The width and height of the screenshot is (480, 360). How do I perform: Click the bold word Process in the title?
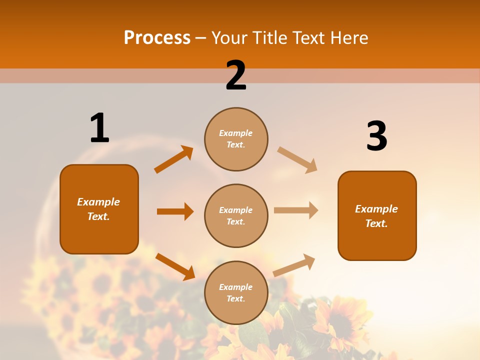click(x=157, y=38)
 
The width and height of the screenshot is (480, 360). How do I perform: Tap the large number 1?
click(x=99, y=128)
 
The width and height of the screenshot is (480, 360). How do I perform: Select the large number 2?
click(x=236, y=75)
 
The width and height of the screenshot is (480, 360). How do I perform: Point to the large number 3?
click(x=376, y=136)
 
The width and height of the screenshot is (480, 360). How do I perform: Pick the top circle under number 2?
click(x=236, y=139)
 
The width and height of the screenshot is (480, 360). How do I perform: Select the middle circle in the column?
click(x=236, y=215)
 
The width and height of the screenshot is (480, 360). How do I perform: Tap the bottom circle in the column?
click(x=236, y=292)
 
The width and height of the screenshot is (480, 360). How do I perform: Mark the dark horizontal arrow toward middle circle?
click(x=175, y=211)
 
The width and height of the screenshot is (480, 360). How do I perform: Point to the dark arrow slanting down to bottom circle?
click(x=175, y=266)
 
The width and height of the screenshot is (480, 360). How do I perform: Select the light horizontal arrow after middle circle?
click(x=296, y=210)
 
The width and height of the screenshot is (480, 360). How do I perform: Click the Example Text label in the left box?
click(x=98, y=209)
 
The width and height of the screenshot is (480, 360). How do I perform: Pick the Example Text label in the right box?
click(x=376, y=216)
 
